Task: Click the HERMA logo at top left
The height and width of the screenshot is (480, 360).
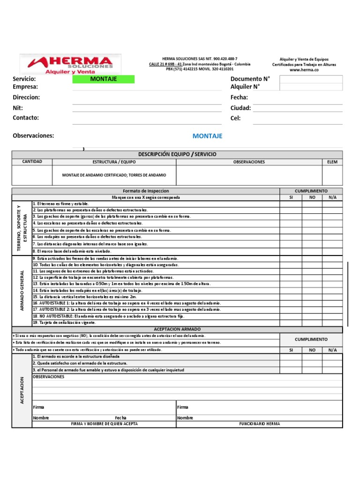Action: [70, 65]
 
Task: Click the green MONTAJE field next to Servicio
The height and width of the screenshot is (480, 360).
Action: [103, 79]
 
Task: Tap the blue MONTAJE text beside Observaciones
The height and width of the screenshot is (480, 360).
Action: [207, 136]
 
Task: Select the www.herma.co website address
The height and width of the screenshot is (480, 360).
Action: [304, 70]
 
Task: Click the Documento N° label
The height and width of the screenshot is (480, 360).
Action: [250, 79]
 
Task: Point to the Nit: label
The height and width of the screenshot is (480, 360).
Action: [18, 108]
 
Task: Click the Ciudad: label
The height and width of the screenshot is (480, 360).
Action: [240, 108]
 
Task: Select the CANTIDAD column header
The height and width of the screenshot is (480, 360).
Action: [32, 162]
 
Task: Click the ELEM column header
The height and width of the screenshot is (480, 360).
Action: [332, 162]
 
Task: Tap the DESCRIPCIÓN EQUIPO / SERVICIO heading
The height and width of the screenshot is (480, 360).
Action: [177, 154]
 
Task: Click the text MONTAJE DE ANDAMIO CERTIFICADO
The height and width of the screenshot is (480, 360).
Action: [114, 175]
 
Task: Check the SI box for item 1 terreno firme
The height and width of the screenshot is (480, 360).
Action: [291, 204]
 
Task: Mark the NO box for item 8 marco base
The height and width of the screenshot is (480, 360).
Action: [312, 251]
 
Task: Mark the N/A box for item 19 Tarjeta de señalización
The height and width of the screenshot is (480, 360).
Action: [332, 322]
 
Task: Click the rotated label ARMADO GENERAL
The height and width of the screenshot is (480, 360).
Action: [22, 291]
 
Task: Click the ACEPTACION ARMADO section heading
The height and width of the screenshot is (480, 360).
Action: [177, 330]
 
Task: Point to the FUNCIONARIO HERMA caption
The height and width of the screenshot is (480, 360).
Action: [259, 424]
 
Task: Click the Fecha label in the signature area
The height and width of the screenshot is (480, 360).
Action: [120, 418]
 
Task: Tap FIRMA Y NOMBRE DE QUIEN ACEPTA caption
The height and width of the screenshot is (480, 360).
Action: [104, 424]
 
